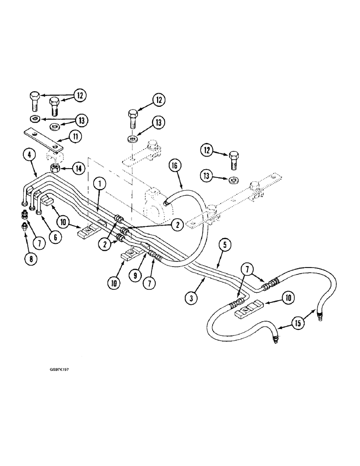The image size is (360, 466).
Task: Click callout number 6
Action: (x=55, y=237)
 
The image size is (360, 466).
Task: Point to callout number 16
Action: (x=176, y=166)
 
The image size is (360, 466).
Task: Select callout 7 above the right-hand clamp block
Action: (x=246, y=269)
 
